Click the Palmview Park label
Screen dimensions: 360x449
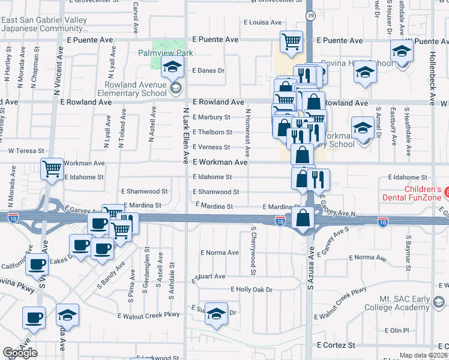click(166, 53)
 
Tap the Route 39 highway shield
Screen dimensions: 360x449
click(309, 14)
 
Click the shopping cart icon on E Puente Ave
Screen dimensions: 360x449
click(292, 42)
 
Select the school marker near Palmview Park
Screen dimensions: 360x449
click(172, 68)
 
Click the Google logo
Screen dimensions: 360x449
click(20, 353)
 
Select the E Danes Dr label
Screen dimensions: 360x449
click(208, 71)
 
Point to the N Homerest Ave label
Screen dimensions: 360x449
click(247, 126)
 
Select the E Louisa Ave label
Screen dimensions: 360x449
click(262, 23)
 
